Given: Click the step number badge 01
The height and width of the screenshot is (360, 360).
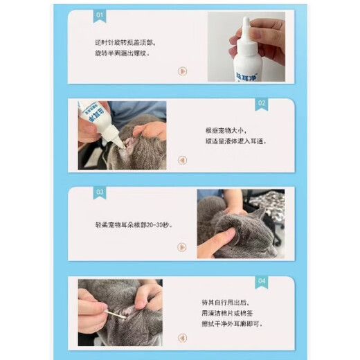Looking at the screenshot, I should [x=99, y=15].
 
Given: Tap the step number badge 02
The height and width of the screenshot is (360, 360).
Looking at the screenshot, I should [x=261, y=103].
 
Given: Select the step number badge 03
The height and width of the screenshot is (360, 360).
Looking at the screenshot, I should [x=100, y=192].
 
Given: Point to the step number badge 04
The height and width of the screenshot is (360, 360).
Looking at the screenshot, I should [x=261, y=281].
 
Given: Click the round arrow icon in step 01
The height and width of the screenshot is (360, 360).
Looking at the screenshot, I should [x=182, y=71].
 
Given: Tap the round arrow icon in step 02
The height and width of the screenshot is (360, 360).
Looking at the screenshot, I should [x=182, y=160].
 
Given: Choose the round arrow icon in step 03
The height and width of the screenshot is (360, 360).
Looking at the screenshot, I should [x=182, y=247].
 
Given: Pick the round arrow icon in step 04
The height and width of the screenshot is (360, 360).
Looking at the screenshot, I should [x=182, y=336].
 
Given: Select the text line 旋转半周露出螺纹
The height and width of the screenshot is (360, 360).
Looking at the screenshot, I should [x=122, y=52].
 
